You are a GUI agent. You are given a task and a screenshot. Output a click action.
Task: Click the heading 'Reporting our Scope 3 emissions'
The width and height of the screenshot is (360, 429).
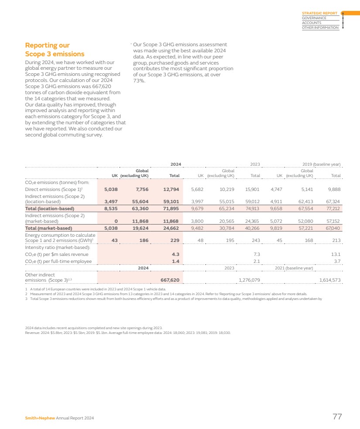pyautogui.click(x=55, y=50)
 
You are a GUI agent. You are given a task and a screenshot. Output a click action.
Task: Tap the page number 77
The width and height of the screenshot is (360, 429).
pyautogui.click(x=337, y=417)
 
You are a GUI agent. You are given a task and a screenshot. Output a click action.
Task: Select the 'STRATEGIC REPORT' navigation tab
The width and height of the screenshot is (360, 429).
pyautogui.click(x=319, y=13)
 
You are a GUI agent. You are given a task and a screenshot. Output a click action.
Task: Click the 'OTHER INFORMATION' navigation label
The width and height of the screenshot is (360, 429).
pyautogui.click(x=320, y=27)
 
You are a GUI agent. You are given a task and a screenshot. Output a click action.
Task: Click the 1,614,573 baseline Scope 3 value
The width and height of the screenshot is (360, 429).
pyautogui.click(x=330, y=279)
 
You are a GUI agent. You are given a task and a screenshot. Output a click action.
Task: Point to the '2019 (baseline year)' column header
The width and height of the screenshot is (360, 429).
pyautogui.click(x=321, y=164)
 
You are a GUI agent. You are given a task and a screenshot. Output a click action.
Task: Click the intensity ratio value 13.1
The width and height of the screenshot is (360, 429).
pyautogui.click(x=336, y=254)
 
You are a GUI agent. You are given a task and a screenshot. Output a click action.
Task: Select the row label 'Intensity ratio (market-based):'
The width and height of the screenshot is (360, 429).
pyautogui.click(x=57, y=247)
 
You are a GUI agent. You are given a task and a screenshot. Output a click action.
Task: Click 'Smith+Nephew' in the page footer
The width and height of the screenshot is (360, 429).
pyautogui.click(x=40, y=418)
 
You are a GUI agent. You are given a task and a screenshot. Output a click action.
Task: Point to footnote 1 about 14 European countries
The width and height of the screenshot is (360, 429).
pyautogui.click(x=96, y=289)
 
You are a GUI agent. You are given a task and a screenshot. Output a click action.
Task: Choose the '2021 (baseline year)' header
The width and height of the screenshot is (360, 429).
pyautogui.click(x=294, y=268)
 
